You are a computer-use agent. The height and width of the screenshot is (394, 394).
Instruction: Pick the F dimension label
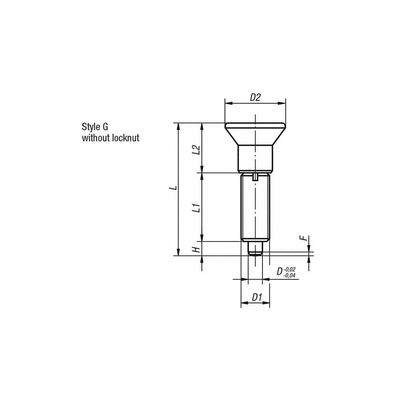tap(303, 238)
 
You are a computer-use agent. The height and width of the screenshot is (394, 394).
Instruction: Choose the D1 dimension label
tap(257, 297)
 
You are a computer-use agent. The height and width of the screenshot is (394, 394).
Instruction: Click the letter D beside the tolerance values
tap(279, 271)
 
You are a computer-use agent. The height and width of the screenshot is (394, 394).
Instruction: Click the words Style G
tap(95, 127)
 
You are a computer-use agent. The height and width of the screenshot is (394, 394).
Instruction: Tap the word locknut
tap(126, 138)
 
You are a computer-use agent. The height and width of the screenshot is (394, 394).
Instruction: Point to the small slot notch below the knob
tap(255, 177)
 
